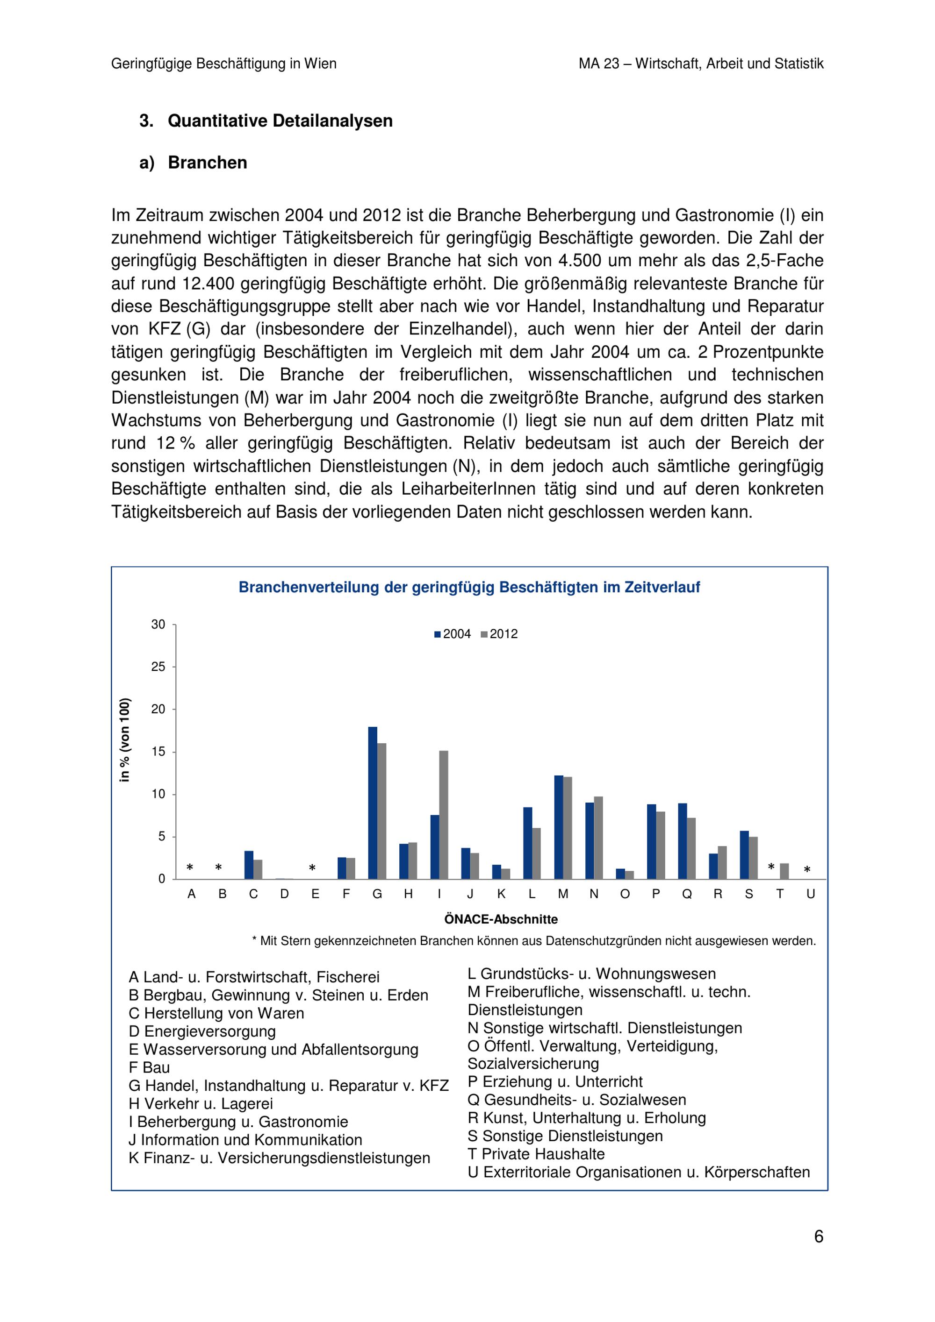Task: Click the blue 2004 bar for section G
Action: point(373,803)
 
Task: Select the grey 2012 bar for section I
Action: point(444,815)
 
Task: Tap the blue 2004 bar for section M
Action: point(559,827)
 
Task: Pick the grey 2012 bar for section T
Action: point(784,871)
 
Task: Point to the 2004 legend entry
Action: point(453,634)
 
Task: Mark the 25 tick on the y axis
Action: point(158,667)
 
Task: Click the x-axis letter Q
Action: point(687,894)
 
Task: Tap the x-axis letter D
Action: point(285,894)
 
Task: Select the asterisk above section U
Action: point(807,870)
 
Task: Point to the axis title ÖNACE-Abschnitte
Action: point(501,919)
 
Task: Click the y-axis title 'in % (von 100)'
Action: point(125,740)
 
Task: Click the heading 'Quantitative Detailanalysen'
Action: point(280,121)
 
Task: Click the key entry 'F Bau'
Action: point(149,1067)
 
